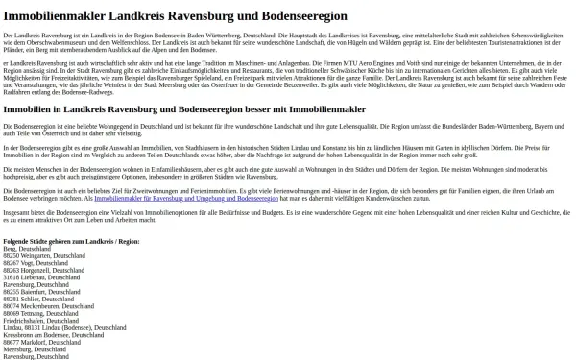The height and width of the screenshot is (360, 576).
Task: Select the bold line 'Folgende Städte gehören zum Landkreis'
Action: pyautogui.click(x=71, y=241)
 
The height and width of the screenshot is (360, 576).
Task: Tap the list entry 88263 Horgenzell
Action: pyautogui.click(x=45, y=271)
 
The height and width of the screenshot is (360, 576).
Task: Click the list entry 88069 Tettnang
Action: pyautogui.click(x=41, y=313)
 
